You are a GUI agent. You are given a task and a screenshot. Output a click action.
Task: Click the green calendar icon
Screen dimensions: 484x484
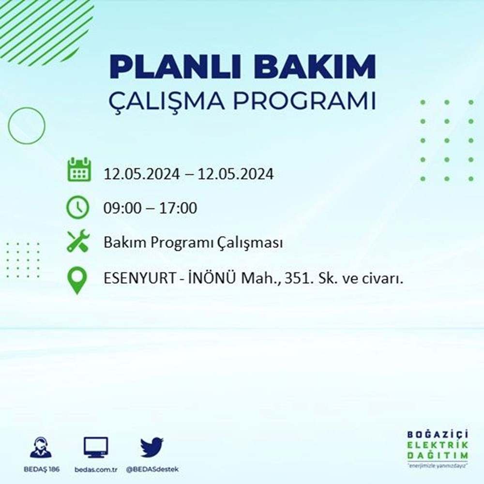tap(78, 169)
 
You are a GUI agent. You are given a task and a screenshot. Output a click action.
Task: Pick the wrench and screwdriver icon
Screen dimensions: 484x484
tap(77, 241)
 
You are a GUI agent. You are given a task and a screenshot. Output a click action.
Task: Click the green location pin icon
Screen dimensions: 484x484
tap(78, 280)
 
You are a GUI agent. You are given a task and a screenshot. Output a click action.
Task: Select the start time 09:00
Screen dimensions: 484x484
tap(121, 209)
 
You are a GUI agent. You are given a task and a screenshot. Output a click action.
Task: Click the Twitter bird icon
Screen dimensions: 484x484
tap(152, 448)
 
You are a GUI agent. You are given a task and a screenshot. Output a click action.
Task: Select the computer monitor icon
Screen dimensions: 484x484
tap(96, 448)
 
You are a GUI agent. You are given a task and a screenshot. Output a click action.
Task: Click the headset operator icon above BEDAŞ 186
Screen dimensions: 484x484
tap(40, 448)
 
